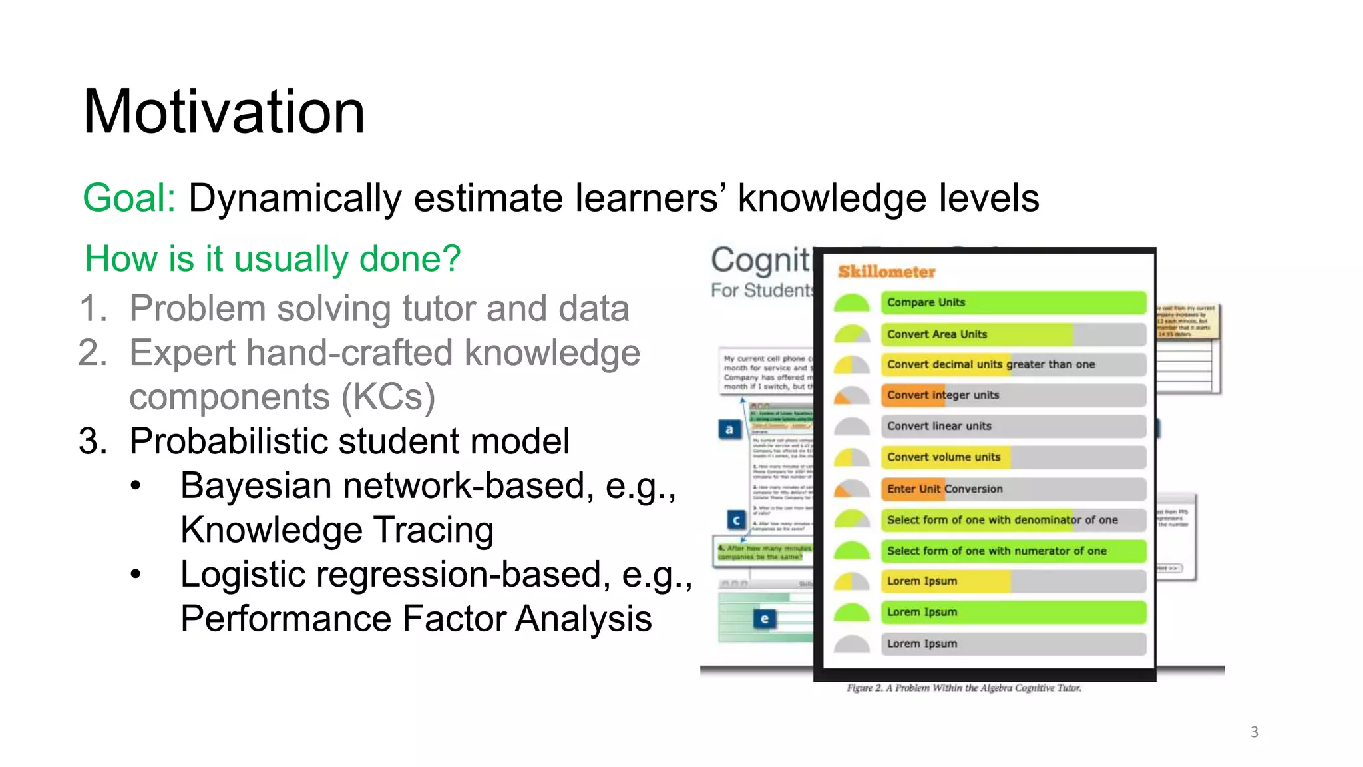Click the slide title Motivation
pyautogui.click(x=224, y=112)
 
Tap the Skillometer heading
pyautogui.click(x=886, y=272)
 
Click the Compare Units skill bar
pyautogui.click(x=1013, y=302)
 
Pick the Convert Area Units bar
pyautogui.click(x=1013, y=334)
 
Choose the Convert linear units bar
pyautogui.click(x=1013, y=426)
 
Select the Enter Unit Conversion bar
pyautogui.click(x=1013, y=489)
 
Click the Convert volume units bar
pyautogui.click(x=1013, y=457)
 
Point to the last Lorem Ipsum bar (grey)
pyautogui.click(x=1013, y=644)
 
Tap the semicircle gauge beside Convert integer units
pyautogui.click(x=852, y=396)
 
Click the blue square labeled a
pyautogui.click(x=729, y=429)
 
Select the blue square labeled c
pyautogui.click(x=736, y=519)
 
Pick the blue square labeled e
pyautogui.click(x=764, y=619)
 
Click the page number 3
pyautogui.click(x=1254, y=732)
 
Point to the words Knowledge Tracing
pyautogui.click(x=337, y=530)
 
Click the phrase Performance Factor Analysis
pyautogui.click(x=416, y=619)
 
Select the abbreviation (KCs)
pyautogui.click(x=388, y=397)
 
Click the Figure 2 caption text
pyautogui.click(x=964, y=688)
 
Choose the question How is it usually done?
pyautogui.click(x=273, y=259)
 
